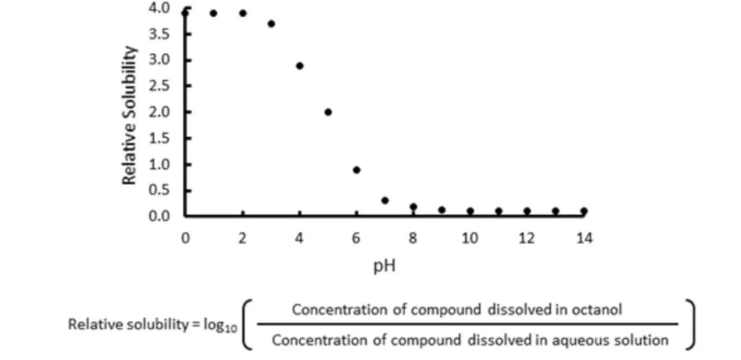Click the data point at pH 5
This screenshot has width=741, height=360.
click(328, 112)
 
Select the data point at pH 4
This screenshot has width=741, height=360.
click(300, 66)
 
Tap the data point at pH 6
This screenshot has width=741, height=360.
click(357, 170)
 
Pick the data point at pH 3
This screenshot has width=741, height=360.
click(271, 24)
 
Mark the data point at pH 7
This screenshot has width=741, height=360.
click(385, 200)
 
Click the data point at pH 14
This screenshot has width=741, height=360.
click(583, 211)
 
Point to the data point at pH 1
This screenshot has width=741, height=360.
click(213, 13)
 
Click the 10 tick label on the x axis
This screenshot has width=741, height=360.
click(470, 238)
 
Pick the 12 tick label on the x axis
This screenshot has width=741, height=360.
click(527, 238)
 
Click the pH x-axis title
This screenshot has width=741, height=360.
click(384, 265)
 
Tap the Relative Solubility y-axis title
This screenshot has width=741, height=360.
click(130, 115)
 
